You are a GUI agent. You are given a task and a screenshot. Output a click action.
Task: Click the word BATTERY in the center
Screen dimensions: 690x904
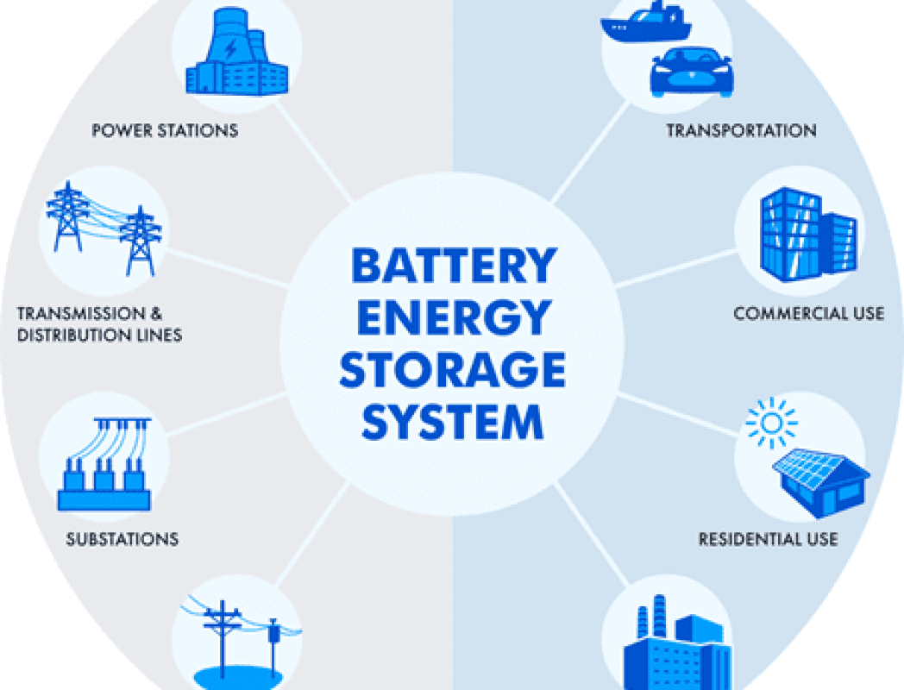[x=453, y=266]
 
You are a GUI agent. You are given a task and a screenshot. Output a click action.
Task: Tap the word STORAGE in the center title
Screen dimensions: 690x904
[x=453, y=370]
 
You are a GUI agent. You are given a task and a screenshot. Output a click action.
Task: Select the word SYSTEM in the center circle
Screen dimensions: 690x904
[x=453, y=423]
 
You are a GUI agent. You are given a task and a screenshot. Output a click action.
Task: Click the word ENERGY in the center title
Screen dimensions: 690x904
[x=453, y=318]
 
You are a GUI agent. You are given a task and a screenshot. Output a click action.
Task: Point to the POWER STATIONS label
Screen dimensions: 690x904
[x=165, y=131]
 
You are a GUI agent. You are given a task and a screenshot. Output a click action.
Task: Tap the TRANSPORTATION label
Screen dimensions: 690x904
[x=741, y=131]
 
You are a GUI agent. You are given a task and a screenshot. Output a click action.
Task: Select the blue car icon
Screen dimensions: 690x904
[x=690, y=71]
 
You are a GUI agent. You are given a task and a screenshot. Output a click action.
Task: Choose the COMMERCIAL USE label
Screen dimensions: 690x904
[x=808, y=313]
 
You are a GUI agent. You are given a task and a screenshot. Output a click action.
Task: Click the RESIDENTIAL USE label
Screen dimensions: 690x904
[x=768, y=540]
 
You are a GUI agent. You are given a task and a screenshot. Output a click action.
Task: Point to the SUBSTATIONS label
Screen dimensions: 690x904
[x=122, y=540]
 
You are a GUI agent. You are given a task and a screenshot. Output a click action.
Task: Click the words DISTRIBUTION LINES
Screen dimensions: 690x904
[x=99, y=335]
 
